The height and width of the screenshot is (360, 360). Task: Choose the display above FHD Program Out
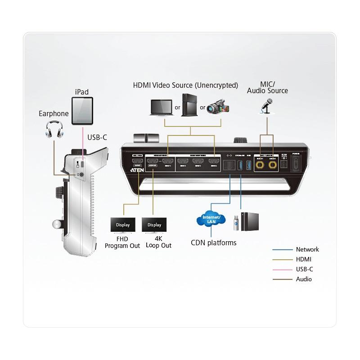[x=123, y=225]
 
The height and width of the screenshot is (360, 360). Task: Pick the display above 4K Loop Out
[x=154, y=225]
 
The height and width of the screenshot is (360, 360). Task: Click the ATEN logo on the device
[x=137, y=171]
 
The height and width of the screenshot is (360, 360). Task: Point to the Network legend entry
[x=307, y=249]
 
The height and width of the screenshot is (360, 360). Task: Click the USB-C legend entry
[x=305, y=269]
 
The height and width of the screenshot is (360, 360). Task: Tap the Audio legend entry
[x=303, y=279]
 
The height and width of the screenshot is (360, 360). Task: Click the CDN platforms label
[x=213, y=243]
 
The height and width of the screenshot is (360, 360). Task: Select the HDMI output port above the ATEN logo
[x=137, y=161]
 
